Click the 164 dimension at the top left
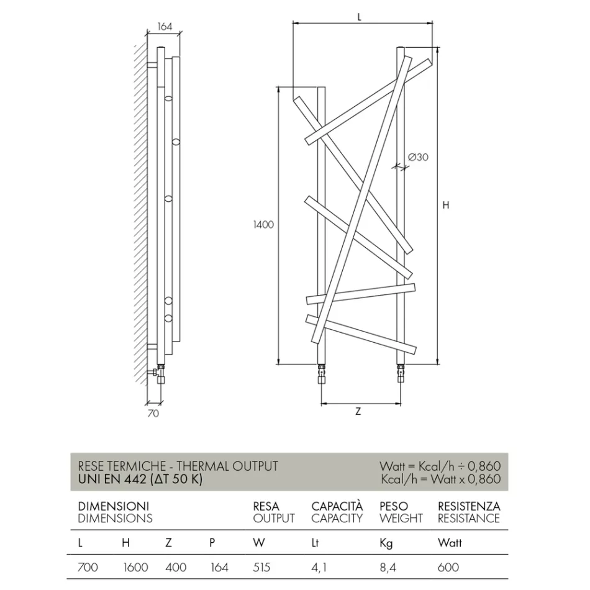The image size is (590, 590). pos(165,27)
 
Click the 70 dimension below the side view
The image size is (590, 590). pos(153,413)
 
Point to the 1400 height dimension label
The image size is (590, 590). pos(263,225)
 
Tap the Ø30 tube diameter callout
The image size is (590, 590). pos(419,157)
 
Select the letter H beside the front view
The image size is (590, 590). pos(445,206)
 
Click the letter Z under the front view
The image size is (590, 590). pos(358,412)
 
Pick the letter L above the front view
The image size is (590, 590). pos(360,17)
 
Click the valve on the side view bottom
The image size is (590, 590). pos(159,373)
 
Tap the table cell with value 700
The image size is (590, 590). pos(88,567)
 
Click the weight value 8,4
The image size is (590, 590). pos(386,567)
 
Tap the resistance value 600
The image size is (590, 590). pos(448,567)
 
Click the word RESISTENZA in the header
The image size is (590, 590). pos(468,506)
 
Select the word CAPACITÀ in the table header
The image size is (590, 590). pos(337,506)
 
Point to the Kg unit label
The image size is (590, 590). pos(386,543)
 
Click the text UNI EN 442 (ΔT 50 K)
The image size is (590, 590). pos(140,479)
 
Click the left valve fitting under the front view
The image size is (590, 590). pos(321,375)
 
